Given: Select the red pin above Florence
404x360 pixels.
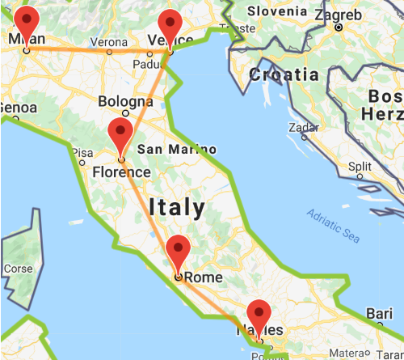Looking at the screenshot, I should point(120,133).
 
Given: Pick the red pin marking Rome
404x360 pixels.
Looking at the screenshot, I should point(178,251).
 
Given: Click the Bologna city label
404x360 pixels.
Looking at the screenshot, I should point(125,102).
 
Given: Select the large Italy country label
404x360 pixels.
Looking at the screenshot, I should point(178,207).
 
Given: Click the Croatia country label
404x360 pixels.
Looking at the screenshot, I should point(284,74).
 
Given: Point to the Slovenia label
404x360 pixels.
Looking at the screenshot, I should point(277,11).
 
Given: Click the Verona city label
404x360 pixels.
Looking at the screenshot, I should point(108,42).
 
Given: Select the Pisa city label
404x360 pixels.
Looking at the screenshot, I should point(82,152).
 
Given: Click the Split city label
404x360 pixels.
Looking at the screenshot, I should point(360,166).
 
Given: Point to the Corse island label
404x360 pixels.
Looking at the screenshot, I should point(18,269).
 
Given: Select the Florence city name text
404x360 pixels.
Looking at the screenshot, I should point(121,172).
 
